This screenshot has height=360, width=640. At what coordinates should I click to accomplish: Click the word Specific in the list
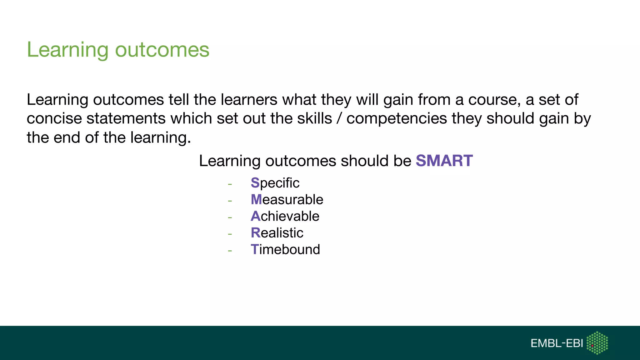click(x=275, y=183)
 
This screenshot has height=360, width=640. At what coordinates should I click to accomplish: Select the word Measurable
click(x=287, y=200)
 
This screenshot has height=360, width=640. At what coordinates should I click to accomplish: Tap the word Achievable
click(x=285, y=216)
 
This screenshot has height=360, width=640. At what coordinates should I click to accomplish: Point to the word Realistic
click(x=277, y=233)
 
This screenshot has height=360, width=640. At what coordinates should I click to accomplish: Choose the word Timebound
click(x=285, y=249)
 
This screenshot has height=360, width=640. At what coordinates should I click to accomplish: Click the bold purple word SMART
click(x=444, y=161)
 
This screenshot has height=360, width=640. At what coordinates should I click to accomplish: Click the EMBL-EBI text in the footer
click(x=557, y=343)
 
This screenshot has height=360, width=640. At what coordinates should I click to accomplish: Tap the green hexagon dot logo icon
click(x=597, y=343)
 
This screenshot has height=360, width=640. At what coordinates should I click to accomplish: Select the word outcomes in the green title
click(x=162, y=50)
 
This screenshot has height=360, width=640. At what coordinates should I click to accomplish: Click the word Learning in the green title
click(x=68, y=50)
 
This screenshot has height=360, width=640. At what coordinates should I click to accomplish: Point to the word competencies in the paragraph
click(x=397, y=119)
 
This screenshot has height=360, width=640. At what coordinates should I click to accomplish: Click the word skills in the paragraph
click(x=314, y=119)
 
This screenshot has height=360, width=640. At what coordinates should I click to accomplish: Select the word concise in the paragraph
click(x=54, y=119)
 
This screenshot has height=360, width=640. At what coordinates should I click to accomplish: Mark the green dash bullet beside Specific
click(x=230, y=184)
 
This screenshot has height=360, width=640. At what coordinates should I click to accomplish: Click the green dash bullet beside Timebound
click(x=230, y=251)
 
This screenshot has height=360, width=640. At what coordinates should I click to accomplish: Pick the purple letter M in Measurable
click(x=256, y=200)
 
